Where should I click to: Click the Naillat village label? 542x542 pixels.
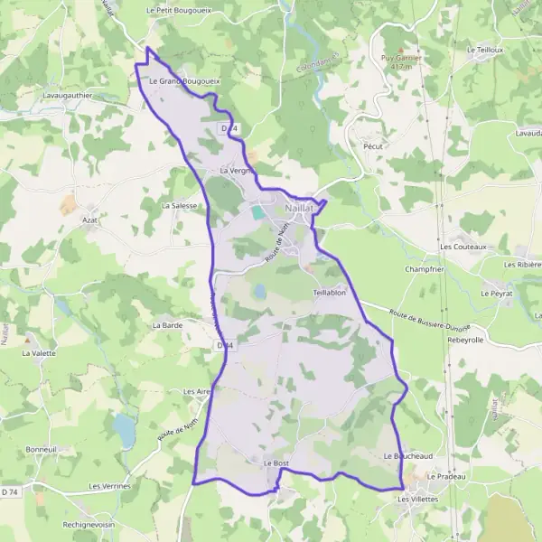[299, 207]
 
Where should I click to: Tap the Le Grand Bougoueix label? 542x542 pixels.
[184, 81]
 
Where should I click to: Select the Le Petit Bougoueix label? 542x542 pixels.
[178, 10]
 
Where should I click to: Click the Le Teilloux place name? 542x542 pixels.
[485, 50]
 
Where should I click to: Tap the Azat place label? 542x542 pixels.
[89, 220]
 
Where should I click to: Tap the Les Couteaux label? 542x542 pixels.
[463, 246]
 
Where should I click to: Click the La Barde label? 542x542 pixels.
[168, 324]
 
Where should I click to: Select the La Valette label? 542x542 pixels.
[39, 352]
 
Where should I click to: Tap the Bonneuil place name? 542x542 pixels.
[41, 449]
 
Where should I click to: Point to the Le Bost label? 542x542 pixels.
[276, 463]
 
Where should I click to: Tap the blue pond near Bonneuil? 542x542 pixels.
[124, 431]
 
